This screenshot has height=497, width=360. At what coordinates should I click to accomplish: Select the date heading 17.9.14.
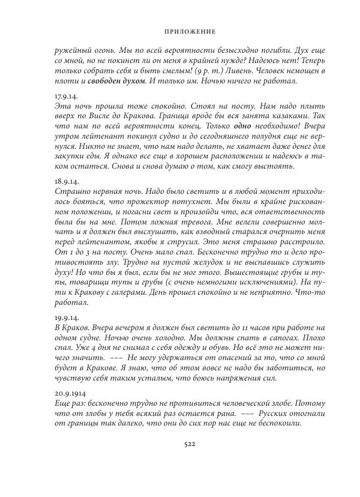(x=65, y=96)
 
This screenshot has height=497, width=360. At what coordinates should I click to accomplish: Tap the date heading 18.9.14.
(x=65, y=181)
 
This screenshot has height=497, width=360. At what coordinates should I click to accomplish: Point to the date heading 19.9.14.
(x=65, y=316)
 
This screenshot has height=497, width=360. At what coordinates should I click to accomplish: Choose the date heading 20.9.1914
(x=68, y=391)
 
